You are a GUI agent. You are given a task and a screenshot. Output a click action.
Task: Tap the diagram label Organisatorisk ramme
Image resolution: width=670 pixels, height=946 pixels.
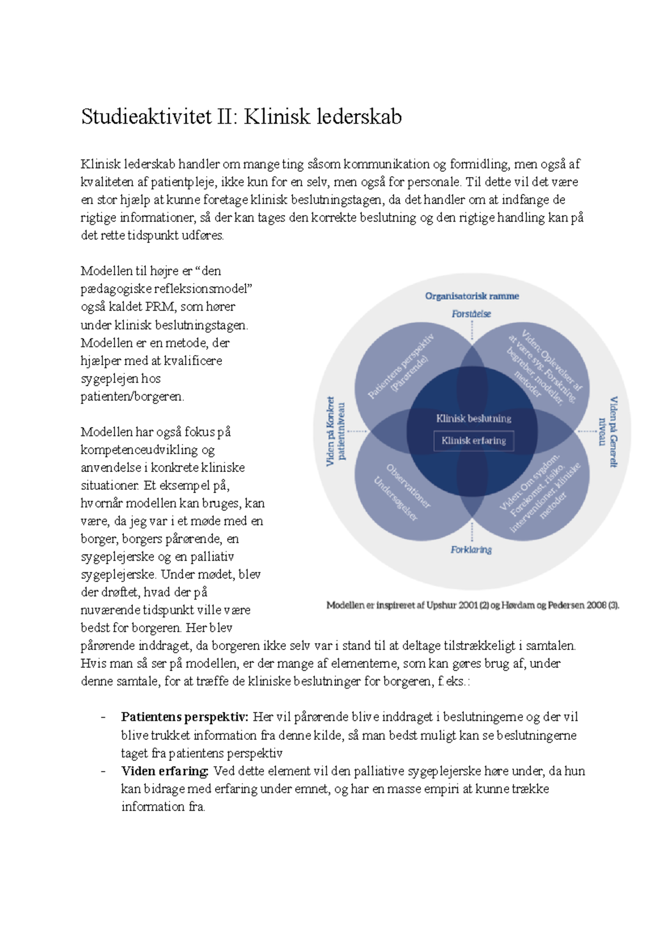[x=472, y=296]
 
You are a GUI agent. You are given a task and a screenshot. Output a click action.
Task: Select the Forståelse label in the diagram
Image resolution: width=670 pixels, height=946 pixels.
[x=471, y=314]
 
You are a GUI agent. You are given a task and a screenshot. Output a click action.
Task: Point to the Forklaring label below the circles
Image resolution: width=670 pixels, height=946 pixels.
[x=471, y=550]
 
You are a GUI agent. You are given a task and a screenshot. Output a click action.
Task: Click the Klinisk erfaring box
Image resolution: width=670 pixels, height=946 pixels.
[x=473, y=441]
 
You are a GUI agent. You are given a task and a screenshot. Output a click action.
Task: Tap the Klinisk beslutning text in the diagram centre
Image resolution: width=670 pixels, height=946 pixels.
[x=473, y=418]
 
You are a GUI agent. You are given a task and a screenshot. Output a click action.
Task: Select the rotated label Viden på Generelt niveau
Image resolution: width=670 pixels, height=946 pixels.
[x=608, y=432]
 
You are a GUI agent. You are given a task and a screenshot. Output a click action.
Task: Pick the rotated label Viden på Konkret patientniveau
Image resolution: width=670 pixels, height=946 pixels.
[x=336, y=432]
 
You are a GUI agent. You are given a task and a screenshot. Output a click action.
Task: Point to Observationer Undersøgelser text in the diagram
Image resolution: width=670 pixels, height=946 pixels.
[x=402, y=491]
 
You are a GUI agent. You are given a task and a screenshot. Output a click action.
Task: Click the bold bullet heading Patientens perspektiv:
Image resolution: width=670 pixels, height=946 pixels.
[x=184, y=717]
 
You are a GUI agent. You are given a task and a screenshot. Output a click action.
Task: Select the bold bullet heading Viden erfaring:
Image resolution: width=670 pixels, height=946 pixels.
[x=165, y=771]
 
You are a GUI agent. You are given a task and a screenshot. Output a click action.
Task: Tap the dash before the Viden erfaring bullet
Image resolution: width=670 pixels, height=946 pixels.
[x=103, y=771]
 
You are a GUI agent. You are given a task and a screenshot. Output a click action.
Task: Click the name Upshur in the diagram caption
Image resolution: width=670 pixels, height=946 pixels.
[x=441, y=605]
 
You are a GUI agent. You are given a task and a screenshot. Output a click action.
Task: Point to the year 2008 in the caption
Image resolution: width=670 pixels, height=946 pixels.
[x=595, y=605]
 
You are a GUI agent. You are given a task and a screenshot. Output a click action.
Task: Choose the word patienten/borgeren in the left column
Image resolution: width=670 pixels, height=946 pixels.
[x=132, y=396]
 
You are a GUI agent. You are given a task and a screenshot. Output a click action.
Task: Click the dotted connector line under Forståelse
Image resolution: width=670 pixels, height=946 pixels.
[x=472, y=331]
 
